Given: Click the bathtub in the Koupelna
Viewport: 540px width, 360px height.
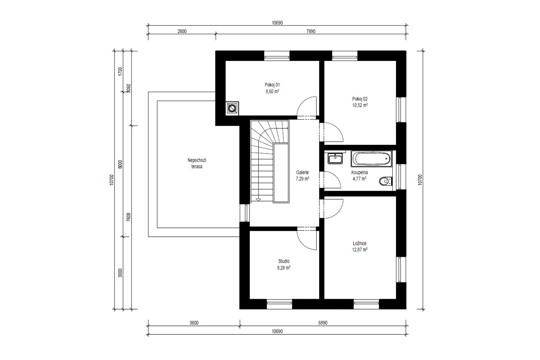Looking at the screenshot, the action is click(372, 159).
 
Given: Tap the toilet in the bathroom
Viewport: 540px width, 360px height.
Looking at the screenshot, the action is click(386, 181).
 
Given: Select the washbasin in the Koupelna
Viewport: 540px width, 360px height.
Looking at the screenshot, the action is click(335, 158).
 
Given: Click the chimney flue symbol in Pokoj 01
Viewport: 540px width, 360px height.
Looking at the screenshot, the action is click(232, 108).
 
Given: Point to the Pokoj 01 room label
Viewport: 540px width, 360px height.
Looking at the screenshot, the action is click(272, 85).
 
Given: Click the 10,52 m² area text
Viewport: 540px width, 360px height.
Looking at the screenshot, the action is click(360, 105).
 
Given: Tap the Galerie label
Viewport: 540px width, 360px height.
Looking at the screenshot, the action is click(302, 173).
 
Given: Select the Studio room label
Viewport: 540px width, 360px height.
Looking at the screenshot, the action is click(284, 261).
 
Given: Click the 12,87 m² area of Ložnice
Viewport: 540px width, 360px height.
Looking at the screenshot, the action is click(360, 249).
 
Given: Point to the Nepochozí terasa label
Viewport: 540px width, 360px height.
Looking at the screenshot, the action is click(197, 163).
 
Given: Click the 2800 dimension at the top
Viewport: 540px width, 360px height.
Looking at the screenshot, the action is click(182, 31).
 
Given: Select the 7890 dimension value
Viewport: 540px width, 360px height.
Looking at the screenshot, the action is click(311, 31).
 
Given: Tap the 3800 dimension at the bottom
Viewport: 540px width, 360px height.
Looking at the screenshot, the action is click(194, 323).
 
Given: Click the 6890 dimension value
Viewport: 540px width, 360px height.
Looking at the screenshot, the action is click(323, 323).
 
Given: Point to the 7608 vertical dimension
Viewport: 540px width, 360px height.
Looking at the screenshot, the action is click(128, 217).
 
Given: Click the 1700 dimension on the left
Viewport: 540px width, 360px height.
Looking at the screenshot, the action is click(120, 71).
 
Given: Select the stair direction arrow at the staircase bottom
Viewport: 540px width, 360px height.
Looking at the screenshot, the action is click(258, 200).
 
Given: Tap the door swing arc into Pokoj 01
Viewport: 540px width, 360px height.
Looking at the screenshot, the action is click(302, 102).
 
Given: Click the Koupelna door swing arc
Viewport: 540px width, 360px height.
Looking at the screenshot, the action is click(336, 176).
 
